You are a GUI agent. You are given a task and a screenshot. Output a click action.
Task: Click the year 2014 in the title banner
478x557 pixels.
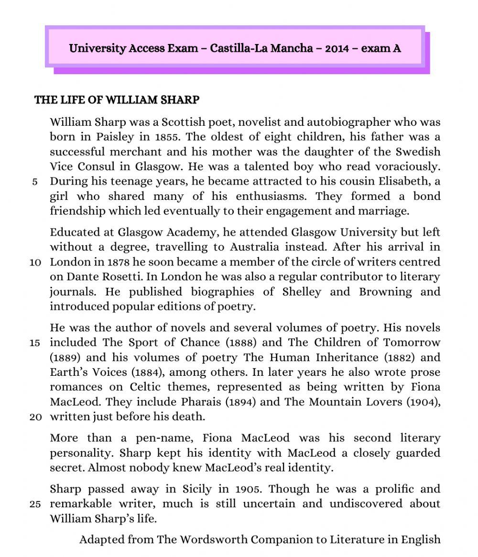(337, 48)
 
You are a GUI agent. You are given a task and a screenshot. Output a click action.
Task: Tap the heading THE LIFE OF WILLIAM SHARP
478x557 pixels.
(117, 100)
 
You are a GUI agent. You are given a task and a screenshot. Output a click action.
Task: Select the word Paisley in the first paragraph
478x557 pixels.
(115, 137)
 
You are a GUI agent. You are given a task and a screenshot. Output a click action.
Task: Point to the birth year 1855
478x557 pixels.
(167, 137)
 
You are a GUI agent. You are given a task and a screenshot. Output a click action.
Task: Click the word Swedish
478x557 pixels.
(418, 152)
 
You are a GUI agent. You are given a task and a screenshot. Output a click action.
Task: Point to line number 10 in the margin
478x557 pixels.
(35, 262)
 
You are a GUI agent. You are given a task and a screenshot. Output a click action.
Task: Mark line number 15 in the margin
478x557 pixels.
(35, 343)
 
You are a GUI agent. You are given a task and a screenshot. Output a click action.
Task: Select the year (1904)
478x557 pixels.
(423, 402)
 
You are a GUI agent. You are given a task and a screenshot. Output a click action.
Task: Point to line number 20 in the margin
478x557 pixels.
(35, 417)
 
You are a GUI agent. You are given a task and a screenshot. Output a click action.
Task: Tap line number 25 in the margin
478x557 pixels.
(35, 504)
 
